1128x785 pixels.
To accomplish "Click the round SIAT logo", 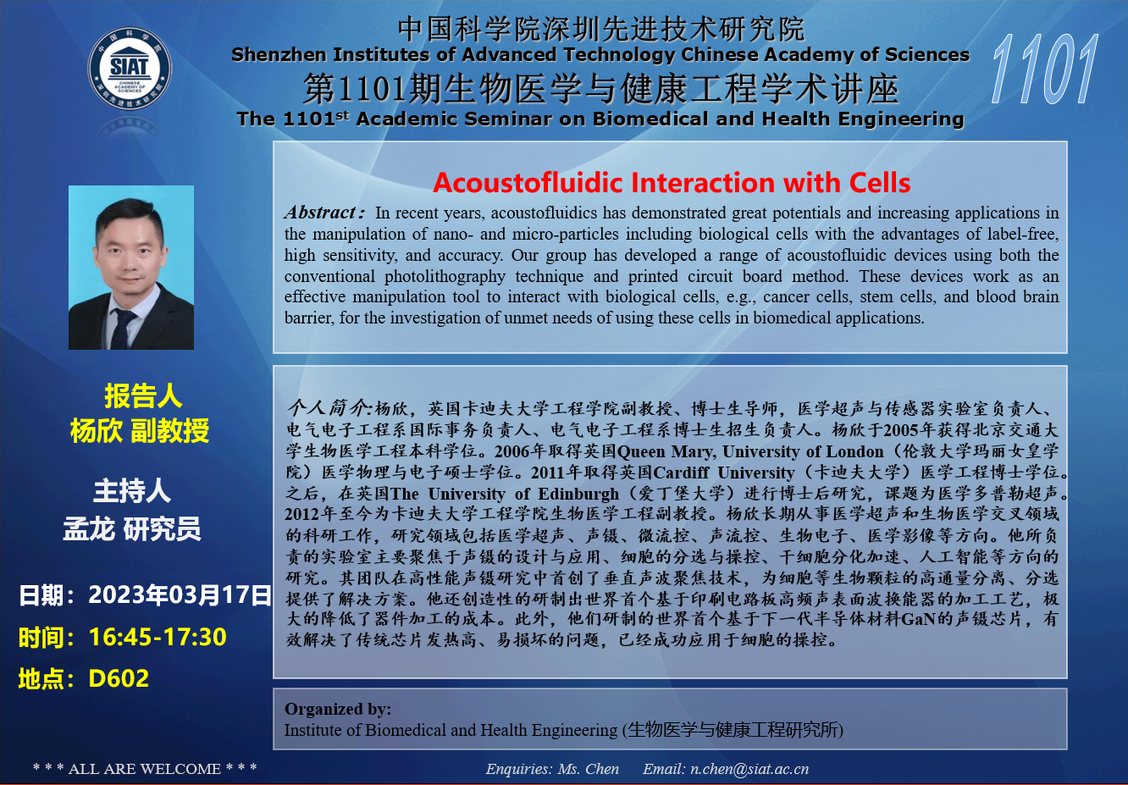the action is (x=130, y=68).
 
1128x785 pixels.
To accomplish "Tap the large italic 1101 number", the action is (x=1044, y=69).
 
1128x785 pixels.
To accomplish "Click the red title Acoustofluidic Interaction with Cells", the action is (x=672, y=182).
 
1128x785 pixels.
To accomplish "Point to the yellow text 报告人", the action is (x=143, y=395).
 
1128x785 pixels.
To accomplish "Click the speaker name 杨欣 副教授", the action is (x=140, y=431).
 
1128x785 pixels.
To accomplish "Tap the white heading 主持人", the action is (x=132, y=491).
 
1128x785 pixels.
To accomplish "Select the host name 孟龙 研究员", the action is (x=132, y=529).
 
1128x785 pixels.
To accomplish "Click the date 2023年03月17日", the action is (x=180, y=595).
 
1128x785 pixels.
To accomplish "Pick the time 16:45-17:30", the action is (x=158, y=637).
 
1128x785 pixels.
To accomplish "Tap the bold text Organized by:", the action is (x=338, y=709).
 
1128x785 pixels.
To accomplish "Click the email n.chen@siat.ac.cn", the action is (x=749, y=769).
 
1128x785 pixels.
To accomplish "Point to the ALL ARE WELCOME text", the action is (x=145, y=769).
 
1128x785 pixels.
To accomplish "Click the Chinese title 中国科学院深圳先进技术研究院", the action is (x=601, y=29).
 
